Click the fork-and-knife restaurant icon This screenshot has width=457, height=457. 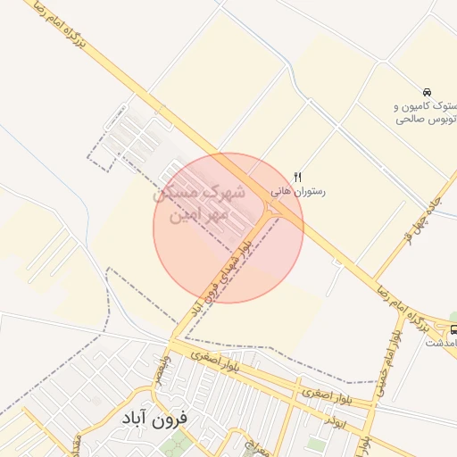298,177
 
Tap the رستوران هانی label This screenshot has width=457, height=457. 298,191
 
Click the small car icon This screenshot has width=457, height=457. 427,92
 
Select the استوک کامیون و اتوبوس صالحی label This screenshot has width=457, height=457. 426,110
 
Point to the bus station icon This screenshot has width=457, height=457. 453,329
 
